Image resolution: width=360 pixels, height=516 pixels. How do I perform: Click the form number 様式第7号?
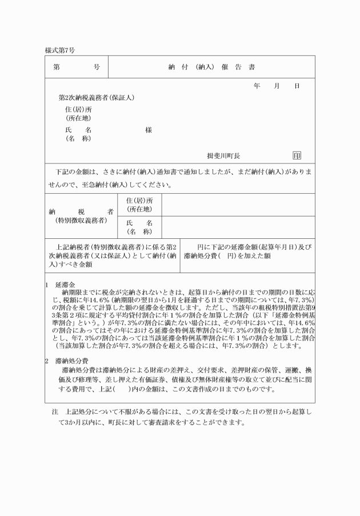coord(59,51)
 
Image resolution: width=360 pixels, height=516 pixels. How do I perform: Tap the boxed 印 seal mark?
coord(297,155)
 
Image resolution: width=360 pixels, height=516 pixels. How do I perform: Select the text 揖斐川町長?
coord(223,155)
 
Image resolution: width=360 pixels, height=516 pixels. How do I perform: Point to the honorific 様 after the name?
coord(149,130)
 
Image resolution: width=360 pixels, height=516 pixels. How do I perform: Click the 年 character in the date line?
coord(257,86)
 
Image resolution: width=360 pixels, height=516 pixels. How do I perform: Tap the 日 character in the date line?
coord(297,86)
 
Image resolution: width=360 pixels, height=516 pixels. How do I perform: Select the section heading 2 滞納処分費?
coord(66,361)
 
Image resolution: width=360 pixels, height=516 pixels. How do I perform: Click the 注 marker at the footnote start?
coord(55,411)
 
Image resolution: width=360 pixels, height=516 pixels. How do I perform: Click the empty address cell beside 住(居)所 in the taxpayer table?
coord(238,205)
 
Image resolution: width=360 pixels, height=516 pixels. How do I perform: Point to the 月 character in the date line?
coord(277,86)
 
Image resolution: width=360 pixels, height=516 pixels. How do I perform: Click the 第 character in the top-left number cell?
coord(57,67)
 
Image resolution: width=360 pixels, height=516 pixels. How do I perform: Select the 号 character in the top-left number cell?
coord(96,67)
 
